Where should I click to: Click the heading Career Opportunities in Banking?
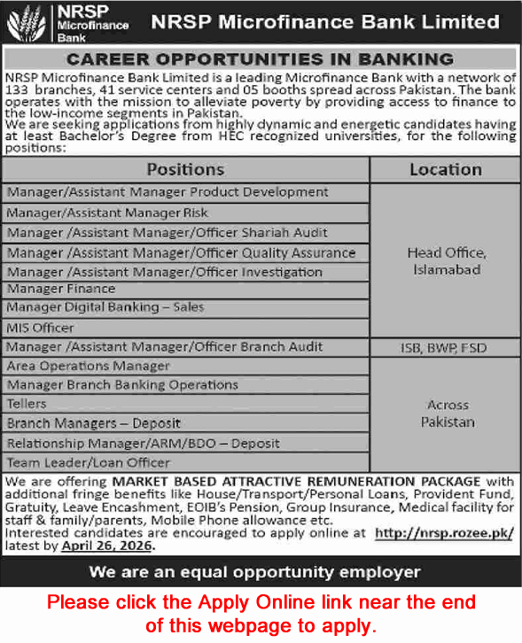point(261,60)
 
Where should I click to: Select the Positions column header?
point(185,168)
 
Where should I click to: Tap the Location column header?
point(445,168)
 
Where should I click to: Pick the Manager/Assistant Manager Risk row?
point(107,213)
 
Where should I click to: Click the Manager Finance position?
point(61,289)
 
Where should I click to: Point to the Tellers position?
point(27,404)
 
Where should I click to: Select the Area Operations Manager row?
point(88,366)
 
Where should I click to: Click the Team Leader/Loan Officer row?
point(88,462)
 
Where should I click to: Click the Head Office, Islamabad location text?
point(446,260)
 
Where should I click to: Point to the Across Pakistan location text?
point(446,413)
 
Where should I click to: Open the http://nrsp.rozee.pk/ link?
point(443,533)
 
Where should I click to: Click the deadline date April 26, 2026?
point(108,546)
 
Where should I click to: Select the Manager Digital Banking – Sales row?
point(105,307)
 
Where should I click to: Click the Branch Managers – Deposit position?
point(94,423)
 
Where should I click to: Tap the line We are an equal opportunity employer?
point(261,572)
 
